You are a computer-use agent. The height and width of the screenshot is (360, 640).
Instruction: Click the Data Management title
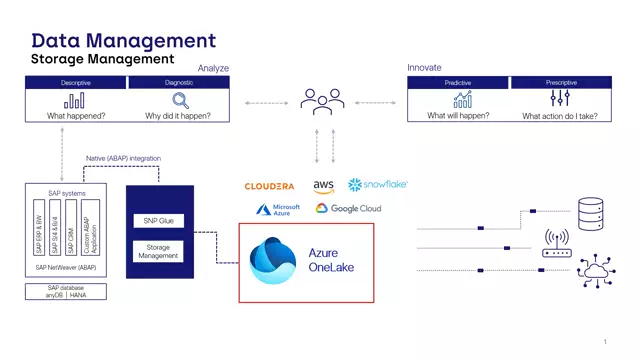pyautogui.click(x=124, y=40)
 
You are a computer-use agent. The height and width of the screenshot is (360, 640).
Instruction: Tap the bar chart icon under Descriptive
pyautogui.click(x=75, y=100)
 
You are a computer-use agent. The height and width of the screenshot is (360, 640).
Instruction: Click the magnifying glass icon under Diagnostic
pyautogui.click(x=181, y=100)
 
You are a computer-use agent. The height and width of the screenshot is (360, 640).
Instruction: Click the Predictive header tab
pyautogui.click(x=458, y=83)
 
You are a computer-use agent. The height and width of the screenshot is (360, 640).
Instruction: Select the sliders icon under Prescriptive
pyautogui.click(x=560, y=100)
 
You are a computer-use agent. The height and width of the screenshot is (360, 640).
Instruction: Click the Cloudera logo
pyautogui.click(x=269, y=186)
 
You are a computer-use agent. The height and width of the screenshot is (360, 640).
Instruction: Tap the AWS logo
pyautogui.click(x=323, y=186)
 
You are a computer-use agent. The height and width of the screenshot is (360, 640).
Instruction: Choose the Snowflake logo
pyautogui.click(x=377, y=185)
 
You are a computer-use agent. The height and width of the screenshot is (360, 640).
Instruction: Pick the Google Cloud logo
pyautogui.click(x=348, y=209)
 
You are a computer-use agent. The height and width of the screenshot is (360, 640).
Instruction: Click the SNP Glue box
pyautogui.click(x=154, y=220)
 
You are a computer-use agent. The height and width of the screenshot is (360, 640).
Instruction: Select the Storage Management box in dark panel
pyautogui.click(x=154, y=251)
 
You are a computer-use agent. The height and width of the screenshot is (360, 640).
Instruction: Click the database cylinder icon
pyautogui.click(x=591, y=211)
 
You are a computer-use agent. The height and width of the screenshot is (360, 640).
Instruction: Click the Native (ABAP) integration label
pyautogui.click(x=124, y=159)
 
